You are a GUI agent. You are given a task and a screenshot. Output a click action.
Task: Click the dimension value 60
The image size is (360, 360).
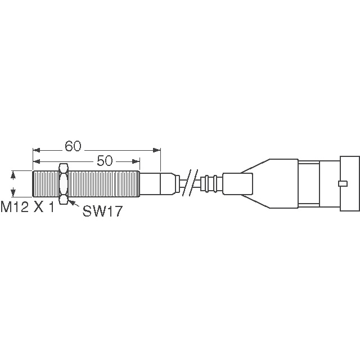click(x=73, y=146)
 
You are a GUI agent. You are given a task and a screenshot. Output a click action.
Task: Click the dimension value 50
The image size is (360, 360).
click(x=105, y=161)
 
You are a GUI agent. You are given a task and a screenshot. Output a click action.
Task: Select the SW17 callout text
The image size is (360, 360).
click(x=102, y=211)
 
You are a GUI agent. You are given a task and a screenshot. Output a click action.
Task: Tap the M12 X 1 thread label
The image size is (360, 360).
click(x=28, y=207)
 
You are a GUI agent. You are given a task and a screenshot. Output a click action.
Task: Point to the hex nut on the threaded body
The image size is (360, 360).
click(x=64, y=184)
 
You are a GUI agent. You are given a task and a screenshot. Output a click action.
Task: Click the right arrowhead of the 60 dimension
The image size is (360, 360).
click(x=157, y=150)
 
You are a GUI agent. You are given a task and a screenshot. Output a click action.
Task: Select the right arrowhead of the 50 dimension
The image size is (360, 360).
click(x=136, y=161)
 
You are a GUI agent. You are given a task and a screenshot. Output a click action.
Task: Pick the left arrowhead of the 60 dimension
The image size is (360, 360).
click(x=37, y=150)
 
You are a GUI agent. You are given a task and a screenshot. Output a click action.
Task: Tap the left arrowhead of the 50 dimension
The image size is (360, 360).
click(x=37, y=161)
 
